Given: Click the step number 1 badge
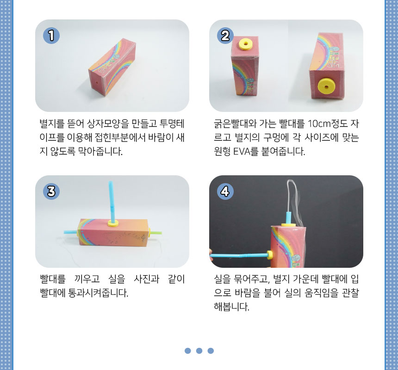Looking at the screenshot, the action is tap(51, 36).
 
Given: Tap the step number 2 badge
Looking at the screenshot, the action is tap(225, 36).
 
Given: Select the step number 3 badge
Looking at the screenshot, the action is tap(51, 191).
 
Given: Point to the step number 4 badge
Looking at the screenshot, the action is tap(225, 191).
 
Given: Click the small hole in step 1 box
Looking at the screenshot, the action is tap(97, 82).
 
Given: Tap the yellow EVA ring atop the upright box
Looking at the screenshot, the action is tap(245, 44).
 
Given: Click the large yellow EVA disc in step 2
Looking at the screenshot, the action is tap(326, 86).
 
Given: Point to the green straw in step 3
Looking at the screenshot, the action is tap(156, 232).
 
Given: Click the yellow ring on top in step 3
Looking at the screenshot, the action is tap(113, 223).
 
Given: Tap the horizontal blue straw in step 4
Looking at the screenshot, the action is tap(239, 256).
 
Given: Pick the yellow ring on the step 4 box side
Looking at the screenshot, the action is tap(270, 255).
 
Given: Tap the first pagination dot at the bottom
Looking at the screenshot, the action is tap(187, 351).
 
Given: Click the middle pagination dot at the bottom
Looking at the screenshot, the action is tap(199, 351).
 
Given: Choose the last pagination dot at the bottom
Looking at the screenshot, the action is tap(211, 351).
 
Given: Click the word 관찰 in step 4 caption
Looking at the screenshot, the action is tap(350, 293).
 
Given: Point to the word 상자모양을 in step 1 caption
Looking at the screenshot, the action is tap(108, 124).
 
